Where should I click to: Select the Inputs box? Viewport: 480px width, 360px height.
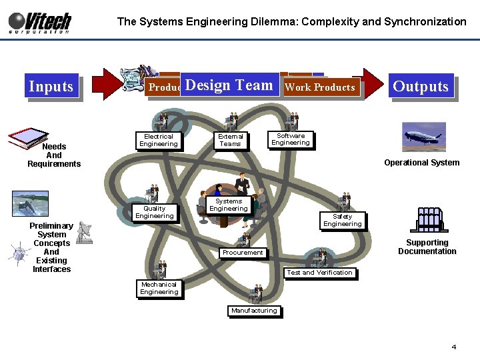click(x=51, y=86)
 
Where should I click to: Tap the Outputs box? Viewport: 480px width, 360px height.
click(x=421, y=86)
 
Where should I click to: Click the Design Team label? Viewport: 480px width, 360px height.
click(x=229, y=85)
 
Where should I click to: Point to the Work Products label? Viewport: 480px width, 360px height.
click(x=320, y=87)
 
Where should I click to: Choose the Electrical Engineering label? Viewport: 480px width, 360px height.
click(x=159, y=140)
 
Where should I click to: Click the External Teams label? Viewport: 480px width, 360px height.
click(x=231, y=140)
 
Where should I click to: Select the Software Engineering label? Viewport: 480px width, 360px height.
click(x=291, y=139)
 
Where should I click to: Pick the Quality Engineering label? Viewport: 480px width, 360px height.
click(x=154, y=212)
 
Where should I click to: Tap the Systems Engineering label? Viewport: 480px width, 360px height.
click(x=229, y=205)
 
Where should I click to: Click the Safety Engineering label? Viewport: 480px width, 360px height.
click(x=342, y=220)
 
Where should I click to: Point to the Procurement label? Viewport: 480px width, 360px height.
click(x=243, y=253)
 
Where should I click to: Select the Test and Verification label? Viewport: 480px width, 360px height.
click(x=319, y=272)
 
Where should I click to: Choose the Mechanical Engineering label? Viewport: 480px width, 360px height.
click(x=159, y=288)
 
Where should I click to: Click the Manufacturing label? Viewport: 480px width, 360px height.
click(x=254, y=311)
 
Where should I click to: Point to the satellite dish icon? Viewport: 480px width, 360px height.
click(x=84, y=230)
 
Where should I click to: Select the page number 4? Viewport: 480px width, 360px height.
click(x=454, y=347)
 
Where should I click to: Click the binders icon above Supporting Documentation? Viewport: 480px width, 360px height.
click(x=428, y=220)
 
